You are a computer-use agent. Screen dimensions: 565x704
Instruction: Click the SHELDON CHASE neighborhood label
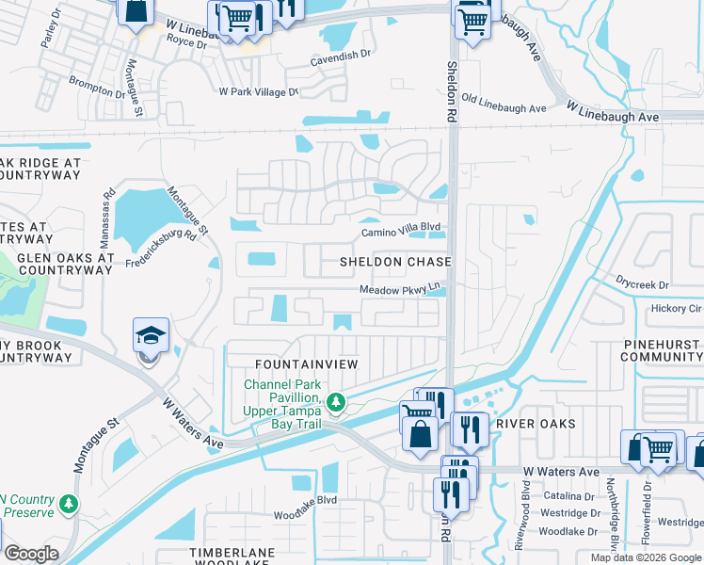click(x=395, y=261)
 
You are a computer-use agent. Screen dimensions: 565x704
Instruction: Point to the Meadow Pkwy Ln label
click(x=400, y=289)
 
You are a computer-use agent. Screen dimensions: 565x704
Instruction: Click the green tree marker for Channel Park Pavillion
click(x=336, y=404)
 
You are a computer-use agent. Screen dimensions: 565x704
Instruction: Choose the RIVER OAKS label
click(x=536, y=424)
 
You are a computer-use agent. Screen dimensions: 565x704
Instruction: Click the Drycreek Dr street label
click(x=642, y=283)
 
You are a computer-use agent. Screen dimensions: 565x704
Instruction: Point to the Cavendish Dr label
click(x=341, y=56)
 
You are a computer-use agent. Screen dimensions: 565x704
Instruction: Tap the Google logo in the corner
click(x=31, y=554)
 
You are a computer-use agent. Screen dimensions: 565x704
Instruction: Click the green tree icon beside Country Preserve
click(x=68, y=505)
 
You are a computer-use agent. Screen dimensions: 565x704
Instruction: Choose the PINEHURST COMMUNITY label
click(x=662, y=351)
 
